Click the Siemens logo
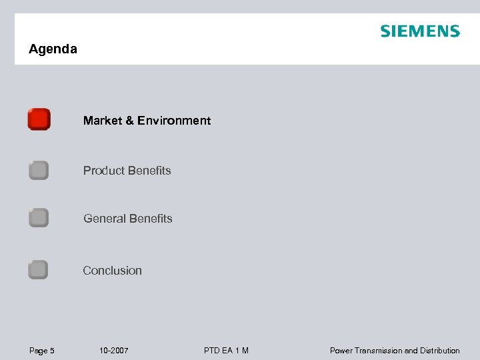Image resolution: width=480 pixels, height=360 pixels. [x=420, y=31]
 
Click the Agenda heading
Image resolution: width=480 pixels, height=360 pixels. [x=53, y=49]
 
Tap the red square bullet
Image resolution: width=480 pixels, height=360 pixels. [x=39, y=119]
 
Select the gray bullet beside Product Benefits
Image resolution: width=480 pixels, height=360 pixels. [x=39, y=171]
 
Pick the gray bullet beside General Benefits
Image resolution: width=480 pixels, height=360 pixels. [x=39, y=218]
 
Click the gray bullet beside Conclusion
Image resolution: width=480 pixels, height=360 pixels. [x=39, y=270]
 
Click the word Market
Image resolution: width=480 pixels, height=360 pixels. [x=103, y=121]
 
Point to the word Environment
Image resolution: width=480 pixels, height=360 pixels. [x=175, y=121]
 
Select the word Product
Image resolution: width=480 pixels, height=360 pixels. [x=103, y=171]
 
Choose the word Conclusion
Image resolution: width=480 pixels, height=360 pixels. [x=112, y=271]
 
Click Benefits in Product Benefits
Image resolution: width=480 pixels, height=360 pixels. [x=149, y=171]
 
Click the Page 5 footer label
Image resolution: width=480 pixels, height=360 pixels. [x=41, y=351]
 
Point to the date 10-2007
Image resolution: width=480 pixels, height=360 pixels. [x=113, y=351]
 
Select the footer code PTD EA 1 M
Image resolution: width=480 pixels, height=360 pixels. [x=227, y=351]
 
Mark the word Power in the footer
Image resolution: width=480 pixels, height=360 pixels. [x=341, y=351]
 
